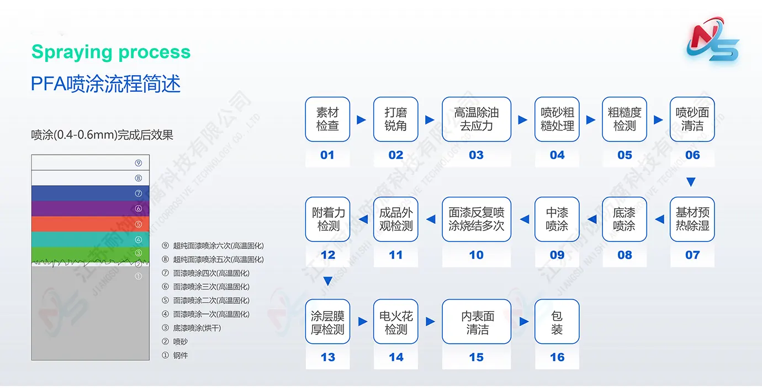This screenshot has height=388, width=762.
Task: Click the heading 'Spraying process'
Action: pos(111,52)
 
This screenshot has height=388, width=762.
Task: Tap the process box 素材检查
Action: pos(327,119)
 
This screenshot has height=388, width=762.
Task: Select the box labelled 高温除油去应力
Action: pos(476,119)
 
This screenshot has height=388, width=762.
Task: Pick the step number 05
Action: pos(625,155)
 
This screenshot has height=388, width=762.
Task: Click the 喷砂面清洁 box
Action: pos(692,119)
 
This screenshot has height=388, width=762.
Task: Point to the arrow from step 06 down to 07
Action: pos(691,182)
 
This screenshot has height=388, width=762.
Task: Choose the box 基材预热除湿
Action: pos(692,219)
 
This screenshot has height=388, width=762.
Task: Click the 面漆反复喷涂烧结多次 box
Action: pos(476,219)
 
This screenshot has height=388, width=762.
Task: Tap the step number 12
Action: pos(328,255)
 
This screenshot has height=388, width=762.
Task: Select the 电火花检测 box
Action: pos(395,322)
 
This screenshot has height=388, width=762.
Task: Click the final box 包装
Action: pos(557,322)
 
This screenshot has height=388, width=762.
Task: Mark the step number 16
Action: pos(557,357)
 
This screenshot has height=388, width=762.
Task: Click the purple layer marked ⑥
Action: pos(90,208)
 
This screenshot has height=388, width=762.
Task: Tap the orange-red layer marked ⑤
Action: pos(90,224)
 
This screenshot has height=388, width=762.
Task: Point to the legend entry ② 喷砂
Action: pos(175,342)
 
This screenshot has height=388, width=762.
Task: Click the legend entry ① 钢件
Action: pos(175,355)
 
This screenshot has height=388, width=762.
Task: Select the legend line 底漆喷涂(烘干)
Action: pos(197,328)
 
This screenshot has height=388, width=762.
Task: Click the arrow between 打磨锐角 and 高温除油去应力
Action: pos(430,120)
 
